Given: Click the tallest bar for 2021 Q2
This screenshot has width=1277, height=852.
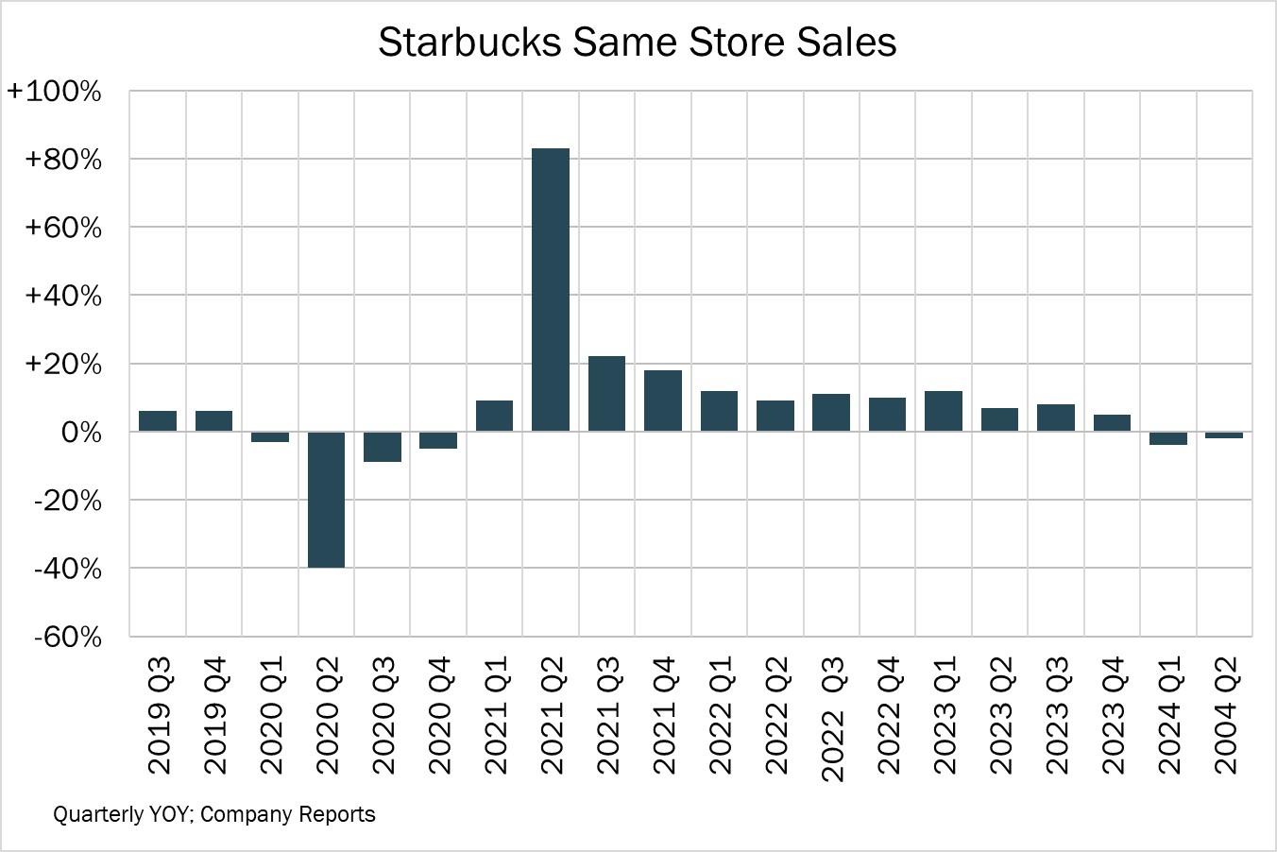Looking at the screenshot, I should click(x=551, y=289).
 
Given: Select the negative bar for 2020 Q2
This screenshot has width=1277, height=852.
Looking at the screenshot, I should click(x=326, y=499).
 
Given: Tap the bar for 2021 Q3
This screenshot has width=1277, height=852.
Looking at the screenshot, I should click(x=606, y=393).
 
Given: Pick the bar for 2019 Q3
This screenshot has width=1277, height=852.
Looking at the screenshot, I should click(x=158, y=421).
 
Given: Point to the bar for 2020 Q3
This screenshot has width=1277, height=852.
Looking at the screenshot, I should click(x=383, y=447).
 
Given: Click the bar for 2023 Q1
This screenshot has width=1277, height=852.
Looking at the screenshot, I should click(x=944, y=411).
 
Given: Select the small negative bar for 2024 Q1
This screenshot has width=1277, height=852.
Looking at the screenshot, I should click(x=1168, y=438).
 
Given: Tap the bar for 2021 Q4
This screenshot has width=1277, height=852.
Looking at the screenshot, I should click(x=663, y=400).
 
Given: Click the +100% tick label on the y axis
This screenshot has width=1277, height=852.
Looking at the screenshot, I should click(x=55, y=92).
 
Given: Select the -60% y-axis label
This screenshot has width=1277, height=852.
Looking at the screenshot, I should click(x=67, y=638).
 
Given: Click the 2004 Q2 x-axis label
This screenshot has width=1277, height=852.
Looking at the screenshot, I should click(x=1225, y=716).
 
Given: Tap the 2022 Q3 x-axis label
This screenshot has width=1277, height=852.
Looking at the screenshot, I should click(x=832, y=720).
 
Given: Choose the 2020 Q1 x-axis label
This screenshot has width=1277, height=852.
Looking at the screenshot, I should click(x=270, y=716).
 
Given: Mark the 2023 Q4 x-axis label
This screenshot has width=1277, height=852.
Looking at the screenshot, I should click(x=1113, y=716).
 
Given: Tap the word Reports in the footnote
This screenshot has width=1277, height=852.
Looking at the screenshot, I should click(x=338, y=814).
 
